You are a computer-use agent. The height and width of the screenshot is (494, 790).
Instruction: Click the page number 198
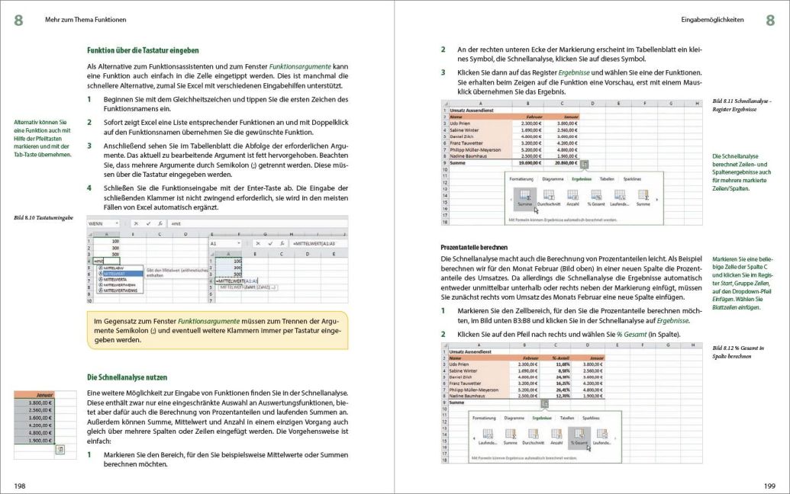20,485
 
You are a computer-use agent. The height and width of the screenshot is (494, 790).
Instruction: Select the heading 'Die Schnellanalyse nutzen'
126,377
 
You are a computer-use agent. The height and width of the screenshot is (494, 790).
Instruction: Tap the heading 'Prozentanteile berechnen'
474,247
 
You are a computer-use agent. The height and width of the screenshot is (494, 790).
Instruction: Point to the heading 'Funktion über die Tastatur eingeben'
143,50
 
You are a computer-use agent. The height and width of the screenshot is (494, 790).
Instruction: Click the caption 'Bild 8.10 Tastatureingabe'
44,217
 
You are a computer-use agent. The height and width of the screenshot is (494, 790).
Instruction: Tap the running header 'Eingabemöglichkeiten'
712,20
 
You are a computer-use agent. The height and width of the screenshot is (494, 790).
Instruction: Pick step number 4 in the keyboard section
89,187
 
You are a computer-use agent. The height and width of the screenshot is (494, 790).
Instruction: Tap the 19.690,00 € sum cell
531,162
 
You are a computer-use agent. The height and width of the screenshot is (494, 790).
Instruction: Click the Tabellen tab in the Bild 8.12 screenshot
566,419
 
